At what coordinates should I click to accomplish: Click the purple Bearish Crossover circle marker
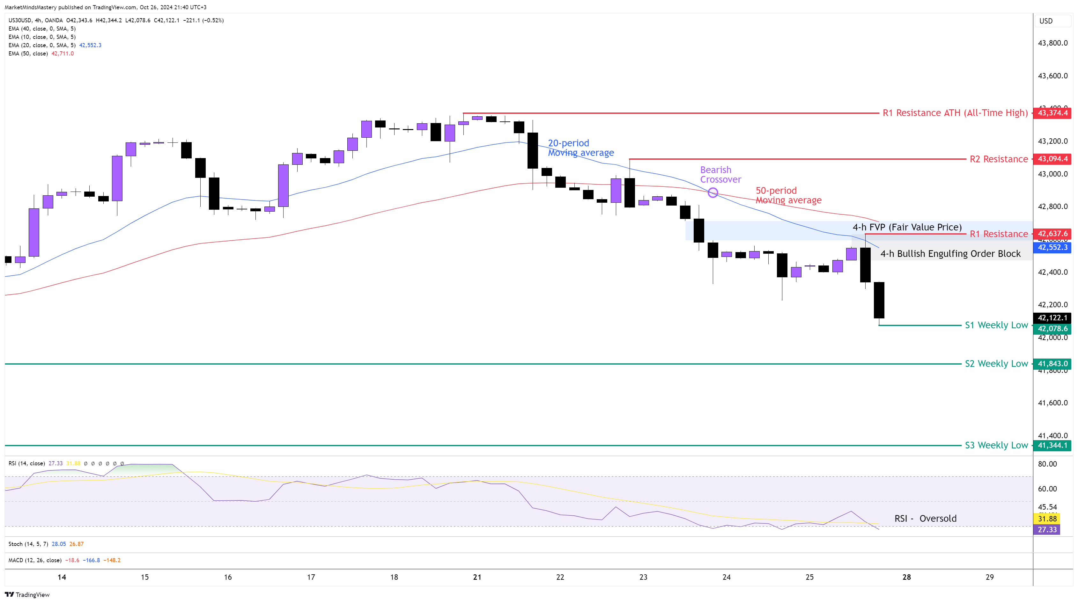pos(713,193)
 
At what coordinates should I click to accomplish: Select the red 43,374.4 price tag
pos(1052,113)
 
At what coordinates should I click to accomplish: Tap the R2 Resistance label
pos(999,159)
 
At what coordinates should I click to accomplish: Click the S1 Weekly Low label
pos(996,325)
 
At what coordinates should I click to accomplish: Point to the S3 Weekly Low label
pos(996,445)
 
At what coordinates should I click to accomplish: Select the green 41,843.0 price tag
pos(1052,364)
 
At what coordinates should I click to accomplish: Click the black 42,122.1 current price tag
pos(1052,318)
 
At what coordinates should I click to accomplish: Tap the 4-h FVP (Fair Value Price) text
pos(907,227)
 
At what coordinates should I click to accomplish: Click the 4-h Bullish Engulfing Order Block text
pos(950,253)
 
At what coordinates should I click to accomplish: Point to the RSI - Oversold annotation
pos(925,518)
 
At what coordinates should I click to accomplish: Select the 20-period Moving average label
pos(580,148)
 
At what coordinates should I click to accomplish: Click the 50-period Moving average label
pos(788,195)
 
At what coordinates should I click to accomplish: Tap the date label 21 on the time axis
pos(477,577)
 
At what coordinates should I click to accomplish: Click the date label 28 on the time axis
pos(906,577)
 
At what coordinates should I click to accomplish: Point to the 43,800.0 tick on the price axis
pos(1052,43)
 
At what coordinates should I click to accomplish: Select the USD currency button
pos(1046,21)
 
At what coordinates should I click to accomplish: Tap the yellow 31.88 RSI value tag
pos(1047,519)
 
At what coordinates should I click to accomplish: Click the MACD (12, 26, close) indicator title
pos(35,560)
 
